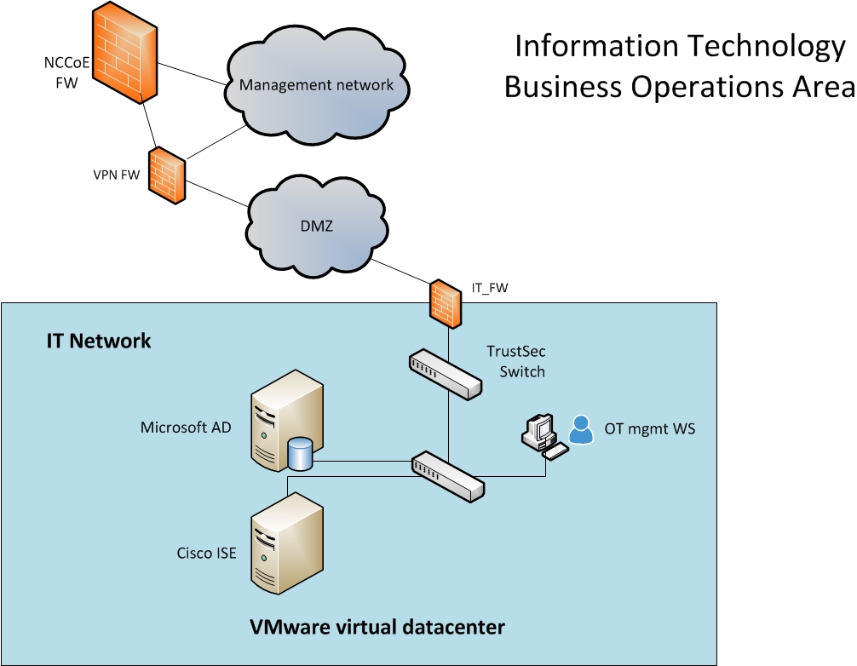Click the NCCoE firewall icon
pyautogui.click(x=124, y=53)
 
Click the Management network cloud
pyautogui.click(x=317, y=85)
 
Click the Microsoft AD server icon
pyautogui.click(x=287, y=417)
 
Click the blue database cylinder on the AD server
pyautogui.click(x=300, y=454)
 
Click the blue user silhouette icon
pyautogui.click(x=581, y=429)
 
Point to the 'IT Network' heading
pyautogui.click(x=98, y=342)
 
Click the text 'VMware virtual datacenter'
pyautogui.click(x=377, y=628)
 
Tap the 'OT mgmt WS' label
pyautogui.click(x=649, y=428)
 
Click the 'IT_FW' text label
pyautogui.click(x=490, y=288)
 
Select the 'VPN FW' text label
pyautogui.click(x=116, y=175)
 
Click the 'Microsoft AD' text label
pyautogui.click(x=185, y=428)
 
